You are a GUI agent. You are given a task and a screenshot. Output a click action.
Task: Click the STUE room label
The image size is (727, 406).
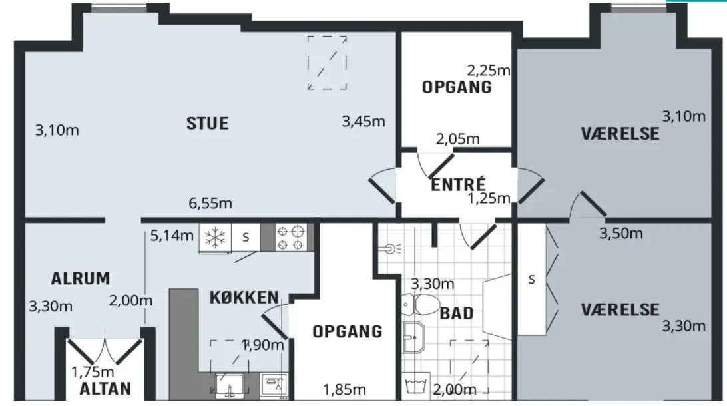point(207,123)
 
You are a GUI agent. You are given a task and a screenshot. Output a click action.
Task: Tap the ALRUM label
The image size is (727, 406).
point(80,278)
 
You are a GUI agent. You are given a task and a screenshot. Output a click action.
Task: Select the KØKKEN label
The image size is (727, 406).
point(244,297)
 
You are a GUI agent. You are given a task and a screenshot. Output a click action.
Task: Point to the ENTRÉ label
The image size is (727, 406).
point(458,184)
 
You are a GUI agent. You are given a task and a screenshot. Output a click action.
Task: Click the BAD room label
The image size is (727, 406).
point(457,313)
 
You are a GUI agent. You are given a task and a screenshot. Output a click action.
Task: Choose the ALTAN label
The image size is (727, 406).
point(105,389)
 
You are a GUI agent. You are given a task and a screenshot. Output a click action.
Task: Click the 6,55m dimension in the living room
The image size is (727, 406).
point(210,203)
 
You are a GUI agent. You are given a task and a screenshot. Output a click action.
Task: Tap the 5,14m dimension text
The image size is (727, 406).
point(172,236)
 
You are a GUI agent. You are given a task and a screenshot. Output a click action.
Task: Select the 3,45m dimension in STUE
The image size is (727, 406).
point(363,121)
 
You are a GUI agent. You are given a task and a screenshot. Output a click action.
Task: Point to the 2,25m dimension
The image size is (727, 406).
point(489,71)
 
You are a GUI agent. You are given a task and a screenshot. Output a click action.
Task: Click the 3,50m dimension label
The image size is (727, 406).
point(621,233)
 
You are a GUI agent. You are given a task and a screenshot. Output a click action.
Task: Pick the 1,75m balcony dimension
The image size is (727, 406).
point(93,371)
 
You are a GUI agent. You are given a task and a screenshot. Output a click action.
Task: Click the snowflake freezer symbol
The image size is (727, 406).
point(215,238)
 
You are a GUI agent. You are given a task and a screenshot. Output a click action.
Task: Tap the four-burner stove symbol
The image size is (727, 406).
point(290,238)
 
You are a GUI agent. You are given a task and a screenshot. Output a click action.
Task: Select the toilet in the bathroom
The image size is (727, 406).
point(421,304)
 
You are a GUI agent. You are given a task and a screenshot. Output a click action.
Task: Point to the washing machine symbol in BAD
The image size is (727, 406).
point(416,385)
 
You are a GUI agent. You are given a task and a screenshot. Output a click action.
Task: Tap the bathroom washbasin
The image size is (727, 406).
point(413,338)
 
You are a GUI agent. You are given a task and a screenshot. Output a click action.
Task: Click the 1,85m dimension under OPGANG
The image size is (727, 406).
point(344,390)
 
